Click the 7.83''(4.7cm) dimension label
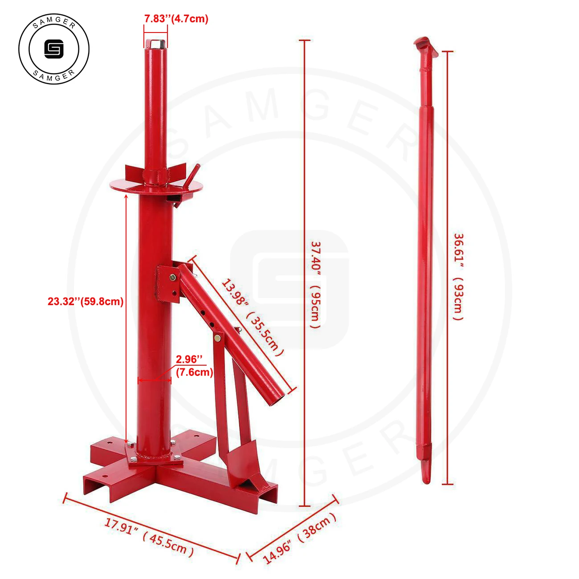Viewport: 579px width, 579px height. point(176,19)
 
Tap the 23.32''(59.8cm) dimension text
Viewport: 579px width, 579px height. point(86,302)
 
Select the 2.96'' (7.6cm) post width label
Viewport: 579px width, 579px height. point(194,365)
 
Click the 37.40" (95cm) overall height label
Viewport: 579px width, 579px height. point(315,285)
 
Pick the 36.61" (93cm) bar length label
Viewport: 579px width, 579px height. point(458,277)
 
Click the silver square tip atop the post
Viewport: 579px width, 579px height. point(156,44)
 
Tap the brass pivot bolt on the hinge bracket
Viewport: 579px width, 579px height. point(172,277)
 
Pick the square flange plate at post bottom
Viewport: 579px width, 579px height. point(154,458)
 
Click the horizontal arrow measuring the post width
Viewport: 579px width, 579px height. point(155,380)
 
